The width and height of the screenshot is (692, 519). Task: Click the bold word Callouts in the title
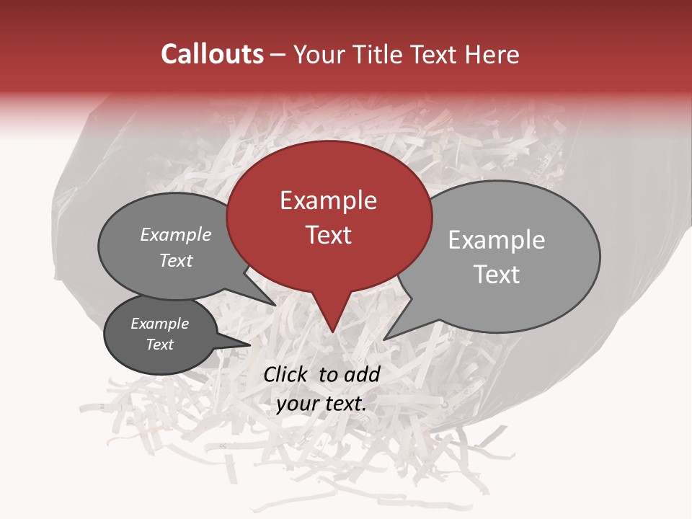[x=212, y=54]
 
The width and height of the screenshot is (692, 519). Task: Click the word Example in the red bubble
[x=328, y=200]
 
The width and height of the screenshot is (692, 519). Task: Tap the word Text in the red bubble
[x=328, y=235]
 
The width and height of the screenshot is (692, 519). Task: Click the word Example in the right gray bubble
[x=497, y=240]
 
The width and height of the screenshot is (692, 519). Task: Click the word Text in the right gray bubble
[x=497, y=275]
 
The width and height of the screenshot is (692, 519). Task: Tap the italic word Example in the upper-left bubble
[x=176, y=235]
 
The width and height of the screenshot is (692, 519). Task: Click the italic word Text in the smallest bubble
[x=159, y=345]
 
